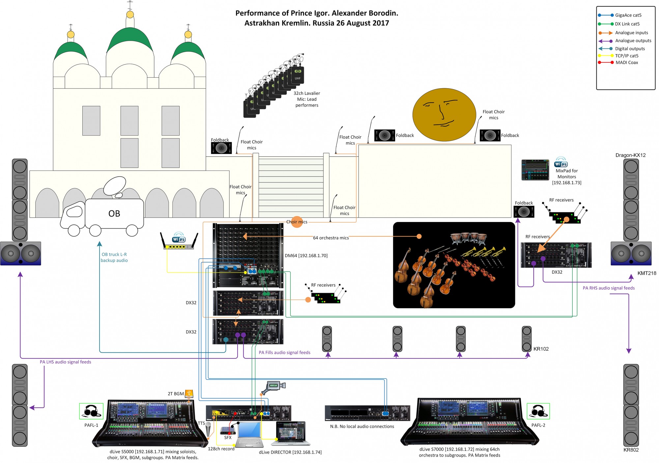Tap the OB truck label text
(x=114, y=214)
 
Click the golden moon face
(x=444, y=114)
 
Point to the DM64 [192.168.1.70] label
(x=306, y=256)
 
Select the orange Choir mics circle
(x=297, y=222)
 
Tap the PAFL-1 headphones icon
(x=91, y=411)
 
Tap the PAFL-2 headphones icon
(x=538, y=411)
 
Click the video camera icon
(x=273, y=387)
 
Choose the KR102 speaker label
(x=541, y=349)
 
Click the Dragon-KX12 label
(x=630, y=155)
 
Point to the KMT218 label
(x=646, y=273)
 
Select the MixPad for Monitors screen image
(x=535, y=170)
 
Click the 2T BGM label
(x=176, y=394)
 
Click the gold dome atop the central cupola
(x=130, y=14)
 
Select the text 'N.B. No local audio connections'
(x=362, y=426)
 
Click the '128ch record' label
(x=221, y=449)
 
